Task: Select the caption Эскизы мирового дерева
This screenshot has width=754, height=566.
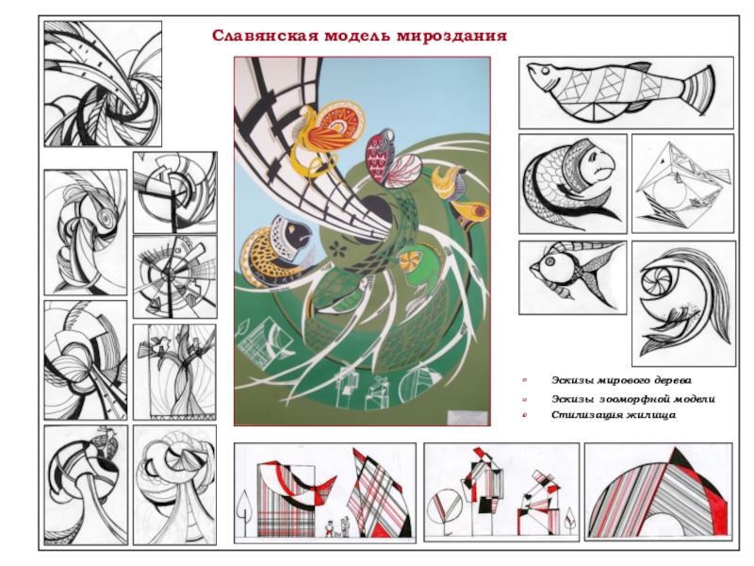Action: [x=621, y=380]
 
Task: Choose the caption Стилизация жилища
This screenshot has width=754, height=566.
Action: [x=614, y=415]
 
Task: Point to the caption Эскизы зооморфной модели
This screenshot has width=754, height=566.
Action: [x=632, y=399]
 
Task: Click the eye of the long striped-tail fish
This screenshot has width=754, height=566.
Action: [x=546, y=72]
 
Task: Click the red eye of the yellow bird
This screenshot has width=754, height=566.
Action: [x=480, y=209]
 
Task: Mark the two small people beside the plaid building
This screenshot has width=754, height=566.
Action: [x=336, y=527]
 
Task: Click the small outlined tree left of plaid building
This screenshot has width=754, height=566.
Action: [x=244, y=511]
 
